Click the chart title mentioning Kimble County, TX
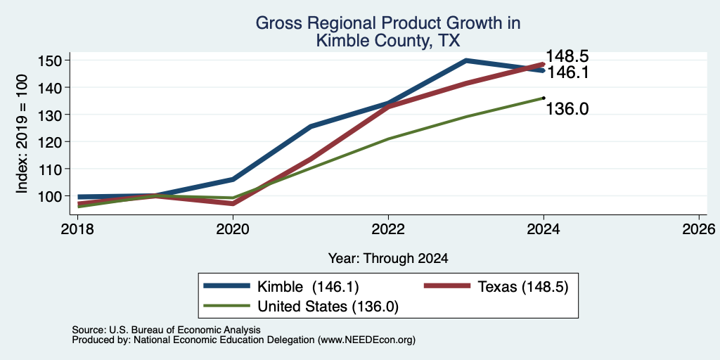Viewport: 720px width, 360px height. (388, 31)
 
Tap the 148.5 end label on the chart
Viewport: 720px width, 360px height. (567, 56)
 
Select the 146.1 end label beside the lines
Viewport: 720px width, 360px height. (567, 72)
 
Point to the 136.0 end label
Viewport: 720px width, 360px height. (567, 109)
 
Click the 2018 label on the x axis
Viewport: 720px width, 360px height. (77, 229)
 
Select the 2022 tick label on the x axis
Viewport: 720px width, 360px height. (388, 229)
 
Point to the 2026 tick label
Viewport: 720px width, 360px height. (699, 229)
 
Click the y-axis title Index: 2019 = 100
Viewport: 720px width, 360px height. (22, 134)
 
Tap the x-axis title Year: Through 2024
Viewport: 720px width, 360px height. (388, 259)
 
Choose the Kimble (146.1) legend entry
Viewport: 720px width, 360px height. (281, 287)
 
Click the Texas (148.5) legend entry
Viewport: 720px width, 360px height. (496, 287)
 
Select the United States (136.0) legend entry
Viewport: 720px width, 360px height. (301, 307)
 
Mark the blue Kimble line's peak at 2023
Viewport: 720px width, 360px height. (465, 60)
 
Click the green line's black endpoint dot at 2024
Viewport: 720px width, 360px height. (544, 97)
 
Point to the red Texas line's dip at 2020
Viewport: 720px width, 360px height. (233, 203)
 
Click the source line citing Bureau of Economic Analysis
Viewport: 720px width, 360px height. (166, 330)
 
